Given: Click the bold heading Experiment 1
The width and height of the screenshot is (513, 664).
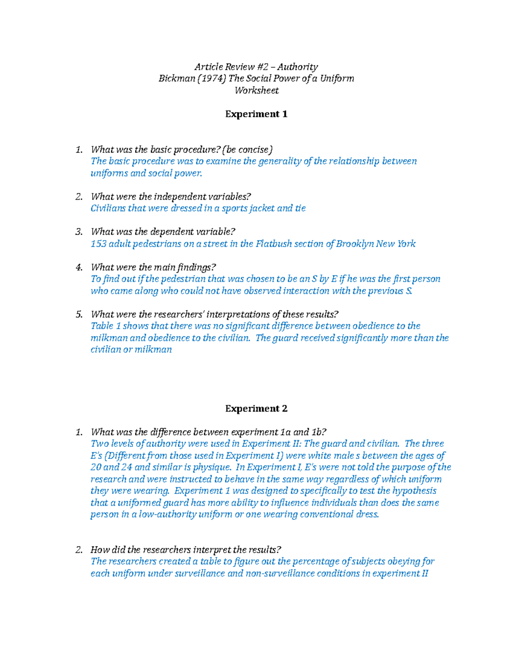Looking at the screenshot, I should tap(256, 114).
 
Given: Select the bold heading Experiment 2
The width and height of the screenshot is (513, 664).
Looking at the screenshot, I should tap(256, 409).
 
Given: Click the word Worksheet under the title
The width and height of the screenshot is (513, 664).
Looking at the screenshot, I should tap(256, 91).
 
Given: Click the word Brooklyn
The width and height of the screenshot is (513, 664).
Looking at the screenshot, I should tap(354, 244).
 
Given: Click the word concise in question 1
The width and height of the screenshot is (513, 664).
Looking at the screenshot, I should tap(255, 150).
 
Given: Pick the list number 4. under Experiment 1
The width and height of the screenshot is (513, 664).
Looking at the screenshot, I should tap(79, 268).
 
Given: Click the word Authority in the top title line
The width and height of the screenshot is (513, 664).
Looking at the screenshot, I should tap(299, 67).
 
